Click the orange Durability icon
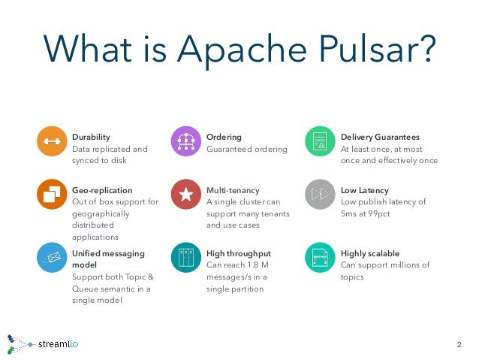[52, 142]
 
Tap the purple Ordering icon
[186, 142]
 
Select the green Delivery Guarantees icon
[320, 142]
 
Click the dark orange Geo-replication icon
[52, 195]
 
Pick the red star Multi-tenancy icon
[186, 195]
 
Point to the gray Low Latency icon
[320, 195]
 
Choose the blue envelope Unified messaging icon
[52, 258]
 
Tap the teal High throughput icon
[186, 258]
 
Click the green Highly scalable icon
[320, 258]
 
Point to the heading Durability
[91, 137]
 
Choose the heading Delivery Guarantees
[380, 137]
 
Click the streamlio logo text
[58, 345]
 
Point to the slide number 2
[459, 345]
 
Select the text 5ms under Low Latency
[350, 213]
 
